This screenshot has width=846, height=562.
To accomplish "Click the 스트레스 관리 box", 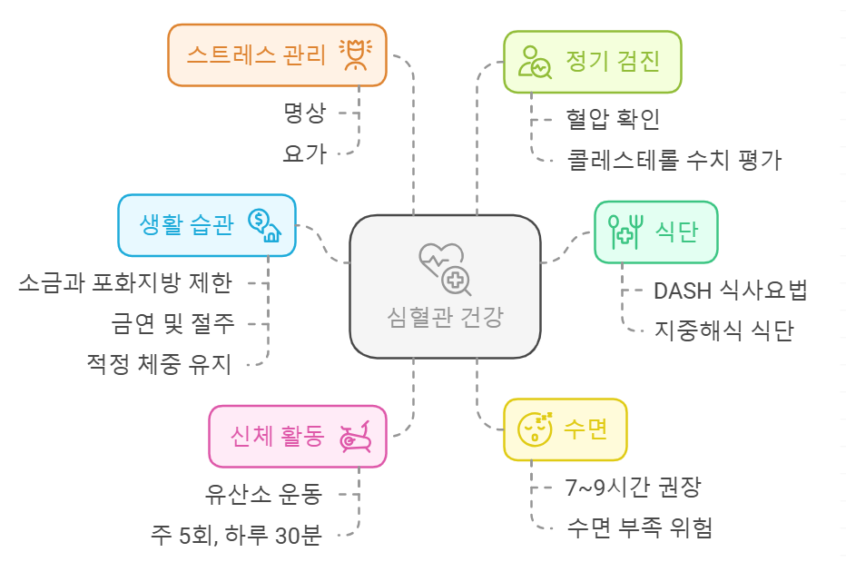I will [x=278, y=55].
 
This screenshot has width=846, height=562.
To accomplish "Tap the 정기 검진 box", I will [x=592, y=62].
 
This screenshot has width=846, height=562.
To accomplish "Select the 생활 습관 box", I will [x=207, y=225].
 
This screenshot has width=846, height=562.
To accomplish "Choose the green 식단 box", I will [x=655, y=232].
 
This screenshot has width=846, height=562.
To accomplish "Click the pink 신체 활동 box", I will [x=297, y=436].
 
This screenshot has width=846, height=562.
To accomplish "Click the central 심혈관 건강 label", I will [x=444, y=317].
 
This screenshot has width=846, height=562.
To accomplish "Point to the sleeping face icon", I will [x=534, y=428].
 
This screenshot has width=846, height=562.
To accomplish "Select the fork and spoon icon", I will [x=625, y=232].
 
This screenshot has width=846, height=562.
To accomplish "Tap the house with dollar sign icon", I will [x=264, y=225].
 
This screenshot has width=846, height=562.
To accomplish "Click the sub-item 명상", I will [x=304, y=113].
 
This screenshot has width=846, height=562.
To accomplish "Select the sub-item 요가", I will [x=304, y=153].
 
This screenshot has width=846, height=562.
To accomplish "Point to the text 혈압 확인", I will [x=613, y=118].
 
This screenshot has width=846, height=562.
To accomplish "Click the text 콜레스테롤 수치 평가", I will [x=674, y=160].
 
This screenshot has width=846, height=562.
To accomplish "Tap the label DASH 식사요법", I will [x=730, y=291].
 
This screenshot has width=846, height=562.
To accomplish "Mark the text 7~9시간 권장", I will [x=633, y=486].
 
